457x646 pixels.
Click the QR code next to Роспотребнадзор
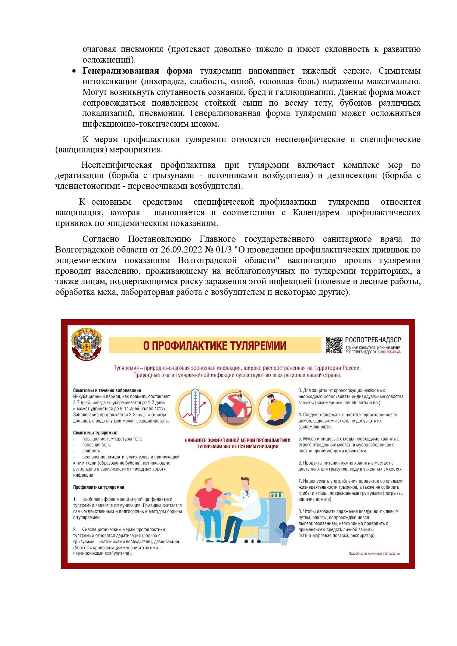pos(334,345)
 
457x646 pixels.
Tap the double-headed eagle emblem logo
pos(87,345)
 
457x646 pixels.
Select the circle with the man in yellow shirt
pos(275,408)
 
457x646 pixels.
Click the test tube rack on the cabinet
pos(276,494)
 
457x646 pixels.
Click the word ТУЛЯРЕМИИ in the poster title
pos(258,346)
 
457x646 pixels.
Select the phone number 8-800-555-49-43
pos(389,352)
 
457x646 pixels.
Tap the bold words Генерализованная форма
pos(137,71)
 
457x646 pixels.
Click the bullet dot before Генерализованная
pos(74,71)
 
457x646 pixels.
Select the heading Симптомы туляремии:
pos(95,433)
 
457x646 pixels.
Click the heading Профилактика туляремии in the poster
pos(98,487)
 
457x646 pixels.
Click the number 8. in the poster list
pos(300,512)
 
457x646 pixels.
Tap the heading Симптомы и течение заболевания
pos(107,391)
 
